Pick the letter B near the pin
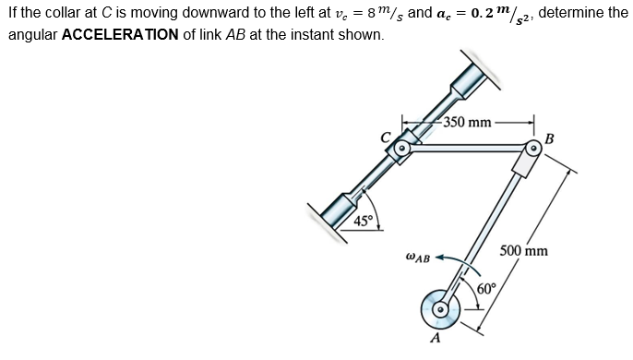coord(550,139)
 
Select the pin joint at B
coord(533,148)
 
